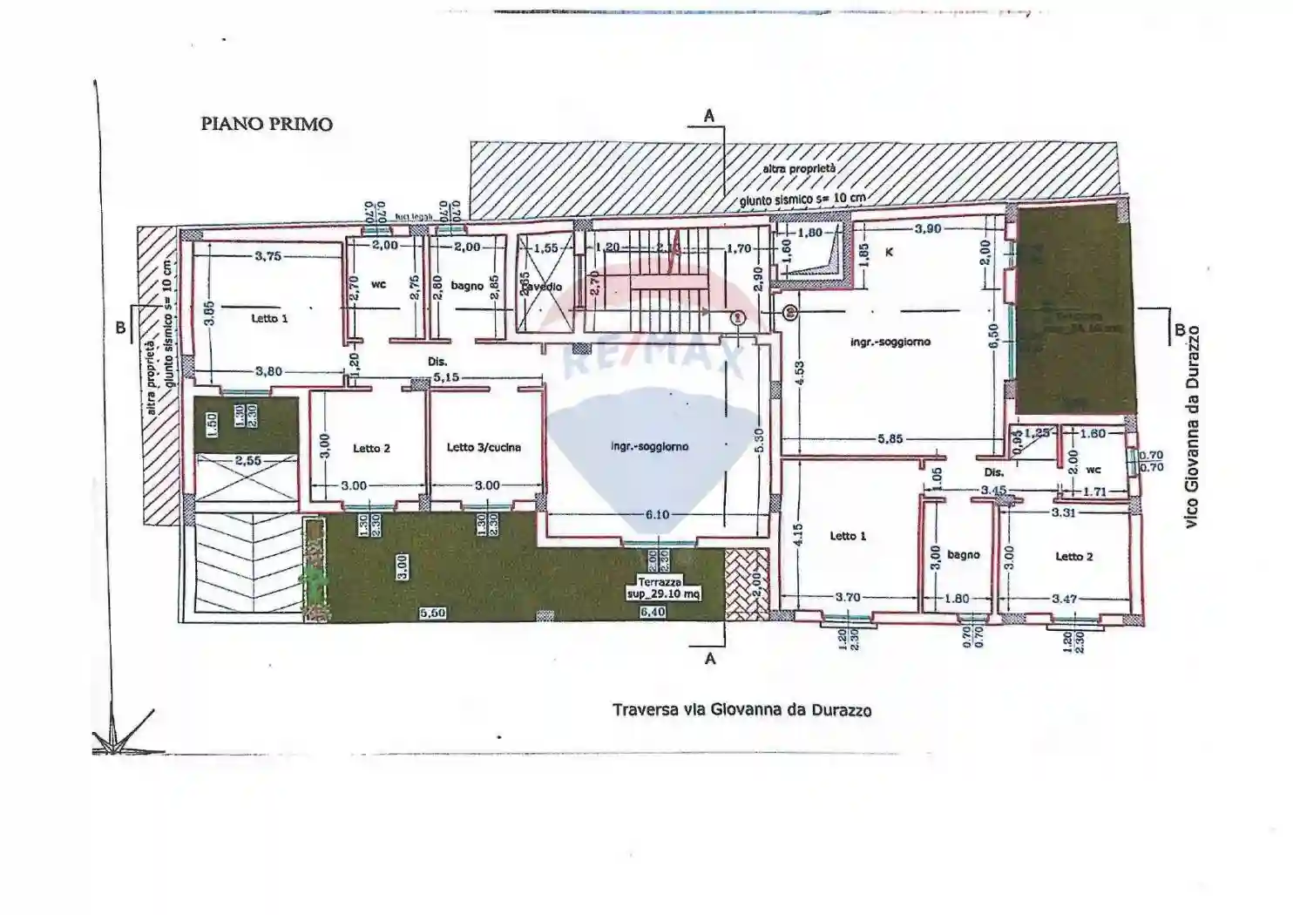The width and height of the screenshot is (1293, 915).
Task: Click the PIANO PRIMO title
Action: (x=267, y=124)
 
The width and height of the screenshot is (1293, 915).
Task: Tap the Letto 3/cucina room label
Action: (x=484, y=447)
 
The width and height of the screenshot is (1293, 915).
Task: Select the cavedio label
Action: (x=543, y=287)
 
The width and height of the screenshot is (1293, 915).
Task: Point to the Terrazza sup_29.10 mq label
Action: (x=663, y=588)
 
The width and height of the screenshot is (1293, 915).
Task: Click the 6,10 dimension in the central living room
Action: (x=657, y=515)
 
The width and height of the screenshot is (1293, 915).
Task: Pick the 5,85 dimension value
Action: (x=890, y=439)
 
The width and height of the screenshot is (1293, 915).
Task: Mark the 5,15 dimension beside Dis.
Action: (x=446, y=378)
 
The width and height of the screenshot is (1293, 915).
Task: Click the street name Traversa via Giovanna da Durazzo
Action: (x=741, y=710)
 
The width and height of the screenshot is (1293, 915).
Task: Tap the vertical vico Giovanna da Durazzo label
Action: (x=1192, y=426)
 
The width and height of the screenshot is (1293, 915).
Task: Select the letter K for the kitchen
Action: (x=889, y=252)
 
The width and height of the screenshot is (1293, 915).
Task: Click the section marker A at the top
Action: (x=709, y=116)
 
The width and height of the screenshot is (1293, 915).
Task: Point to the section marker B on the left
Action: (x=120, y=328)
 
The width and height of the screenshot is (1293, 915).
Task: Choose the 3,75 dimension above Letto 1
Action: (x=267, y=256)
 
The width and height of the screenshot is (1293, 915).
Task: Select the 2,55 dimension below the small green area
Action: (x=247, y=460)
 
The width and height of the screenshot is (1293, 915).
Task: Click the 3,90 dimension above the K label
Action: (x=927, y=228)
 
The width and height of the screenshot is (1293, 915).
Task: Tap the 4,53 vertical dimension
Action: (x=799, y=375)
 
